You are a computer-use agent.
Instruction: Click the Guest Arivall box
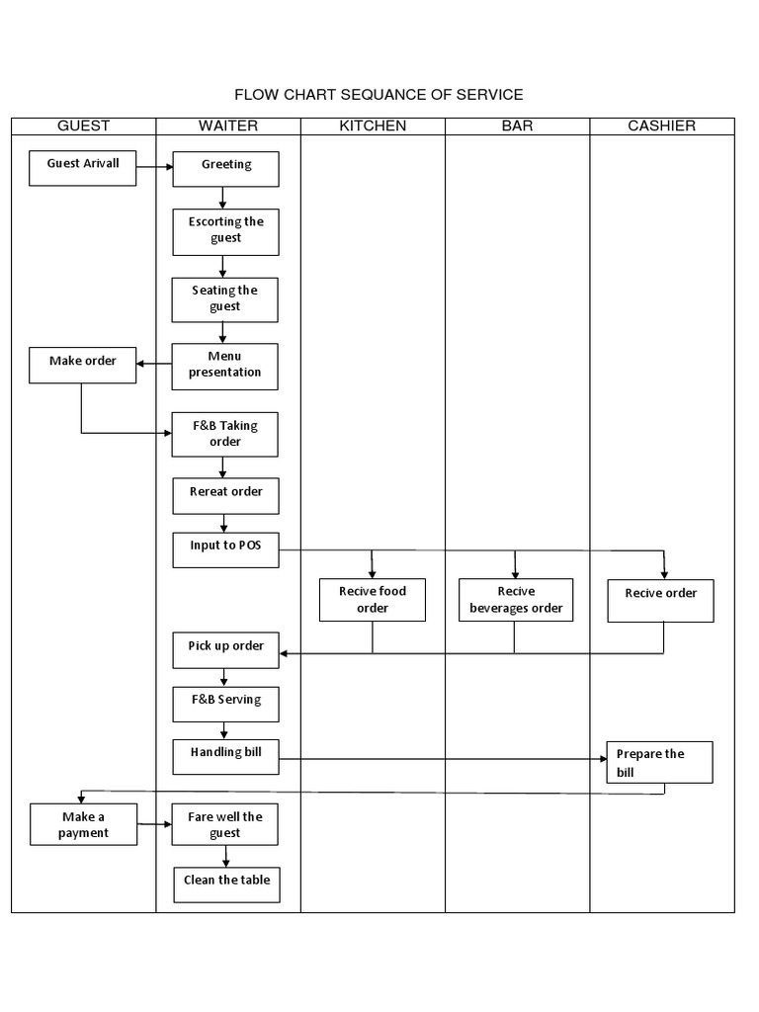[83, 168]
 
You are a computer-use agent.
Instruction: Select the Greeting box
[226, 169]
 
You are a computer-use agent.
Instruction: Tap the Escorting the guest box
[225, 232]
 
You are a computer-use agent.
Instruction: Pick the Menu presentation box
[225, 366]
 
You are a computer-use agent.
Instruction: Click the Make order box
[83, 365]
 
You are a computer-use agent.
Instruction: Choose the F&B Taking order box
[225, 435]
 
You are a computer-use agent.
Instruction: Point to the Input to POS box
[225, 549]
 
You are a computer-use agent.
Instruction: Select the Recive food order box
[373, 600]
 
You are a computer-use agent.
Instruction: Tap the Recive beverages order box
[516, 600]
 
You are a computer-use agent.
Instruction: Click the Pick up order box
[225, 649]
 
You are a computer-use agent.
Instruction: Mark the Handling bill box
[225, 756]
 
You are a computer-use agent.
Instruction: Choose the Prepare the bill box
[659, 762]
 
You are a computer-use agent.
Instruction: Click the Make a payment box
[83, 825]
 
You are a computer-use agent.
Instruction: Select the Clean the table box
[226, 885]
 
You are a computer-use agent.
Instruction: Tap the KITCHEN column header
[373, 126]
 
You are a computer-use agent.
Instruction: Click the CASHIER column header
[661, 126]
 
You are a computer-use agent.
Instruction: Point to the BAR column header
[517, 126]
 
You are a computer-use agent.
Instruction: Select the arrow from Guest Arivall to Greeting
[154, 167]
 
